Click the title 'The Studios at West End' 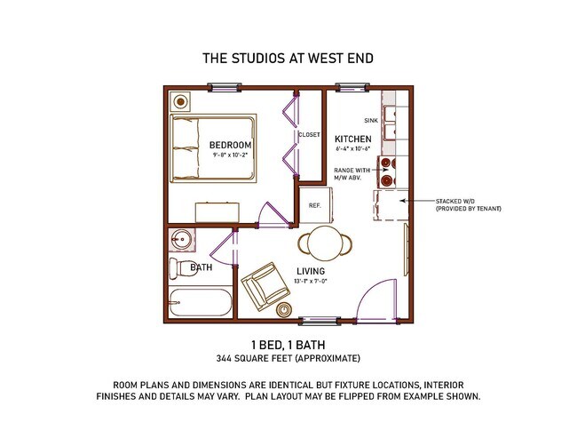point(288,59)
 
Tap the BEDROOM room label point(230,145)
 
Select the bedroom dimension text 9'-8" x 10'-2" point(230,155)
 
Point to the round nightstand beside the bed point(182,100)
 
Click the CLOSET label point(309,135)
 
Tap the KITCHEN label point(352,139)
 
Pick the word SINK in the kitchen point(371,120)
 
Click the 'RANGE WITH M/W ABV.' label point(352,172)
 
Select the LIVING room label point(311,271)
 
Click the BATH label point(200,267)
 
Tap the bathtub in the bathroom point(199,303)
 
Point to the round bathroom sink point(184,239)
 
